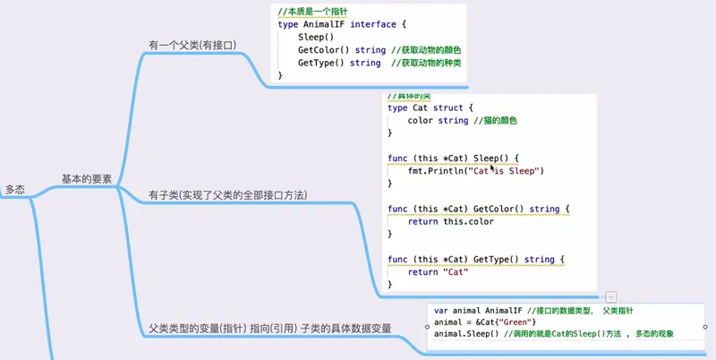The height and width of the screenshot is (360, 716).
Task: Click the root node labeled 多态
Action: (15, 189)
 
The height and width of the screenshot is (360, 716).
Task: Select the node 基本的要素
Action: (87, 179)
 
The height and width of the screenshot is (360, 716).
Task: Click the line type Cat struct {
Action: (425, 107)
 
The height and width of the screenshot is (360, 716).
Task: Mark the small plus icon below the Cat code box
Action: (610, 296)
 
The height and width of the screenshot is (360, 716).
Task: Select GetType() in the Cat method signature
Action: (496, 260)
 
